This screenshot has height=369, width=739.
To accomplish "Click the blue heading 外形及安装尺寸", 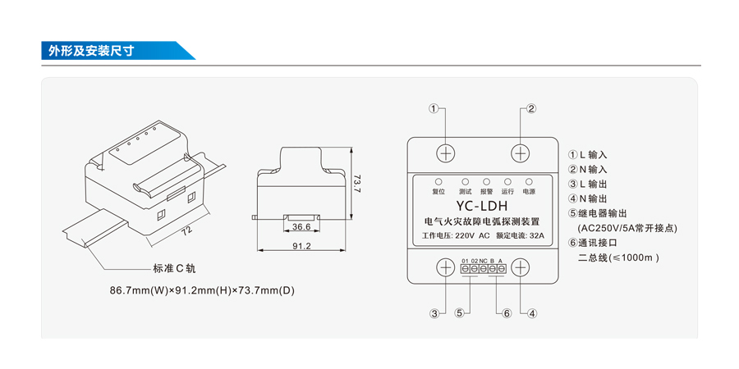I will point(90,51).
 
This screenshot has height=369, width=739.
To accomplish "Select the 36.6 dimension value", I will point(301,227).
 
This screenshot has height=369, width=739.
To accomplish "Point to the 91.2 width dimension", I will point(301,246).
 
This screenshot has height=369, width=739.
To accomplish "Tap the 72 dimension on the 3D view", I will point(186,231).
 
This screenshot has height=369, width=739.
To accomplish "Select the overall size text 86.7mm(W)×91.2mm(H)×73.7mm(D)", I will point(202,290).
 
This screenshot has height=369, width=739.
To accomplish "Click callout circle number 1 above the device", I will point(434,109).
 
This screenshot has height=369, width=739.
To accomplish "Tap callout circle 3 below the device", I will point(434,312).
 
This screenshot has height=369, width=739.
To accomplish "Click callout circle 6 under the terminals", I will point(506,312).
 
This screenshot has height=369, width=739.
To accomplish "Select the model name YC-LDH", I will point(482,207).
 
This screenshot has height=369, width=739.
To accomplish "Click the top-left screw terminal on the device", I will point(445,153).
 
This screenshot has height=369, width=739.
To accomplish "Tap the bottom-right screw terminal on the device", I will point(521,267).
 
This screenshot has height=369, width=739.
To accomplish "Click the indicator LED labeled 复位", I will point(438,181).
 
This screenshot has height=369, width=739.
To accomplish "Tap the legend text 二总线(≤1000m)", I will point(619,257).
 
